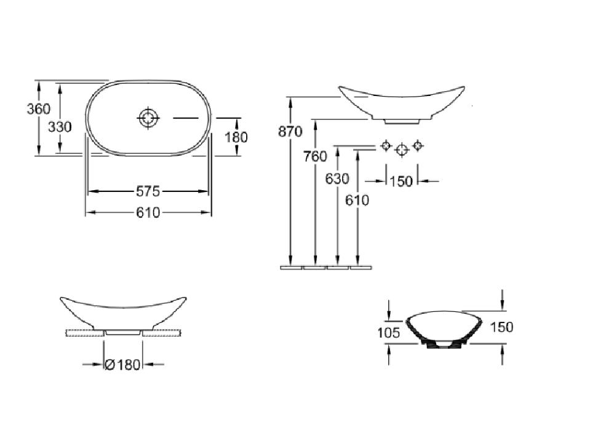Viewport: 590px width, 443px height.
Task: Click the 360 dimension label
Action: [x=38, y=109]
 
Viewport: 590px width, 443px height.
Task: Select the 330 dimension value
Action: [x=60, y=127]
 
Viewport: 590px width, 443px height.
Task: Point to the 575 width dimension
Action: [x=148, y=191]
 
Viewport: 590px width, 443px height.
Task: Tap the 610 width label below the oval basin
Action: [x=148, y=212]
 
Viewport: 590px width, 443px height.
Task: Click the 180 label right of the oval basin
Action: [x=236, y=137]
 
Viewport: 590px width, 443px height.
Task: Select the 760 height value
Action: [x=315, y=156]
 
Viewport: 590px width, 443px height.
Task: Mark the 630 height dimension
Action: [x=337, y=178]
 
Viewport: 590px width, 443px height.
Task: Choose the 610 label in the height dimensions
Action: [x=357, y=200]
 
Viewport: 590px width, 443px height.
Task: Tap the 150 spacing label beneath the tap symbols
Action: [x=401, y=182]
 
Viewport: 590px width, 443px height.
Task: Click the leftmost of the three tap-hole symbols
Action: [x=386, y=146]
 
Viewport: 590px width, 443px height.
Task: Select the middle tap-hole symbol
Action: [x=402, y=149]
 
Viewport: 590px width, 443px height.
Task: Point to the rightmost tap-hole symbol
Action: [x=418, y=146]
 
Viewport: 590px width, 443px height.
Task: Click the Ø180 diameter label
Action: [x=123, y=365]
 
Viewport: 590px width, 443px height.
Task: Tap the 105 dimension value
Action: [x=388, y=333]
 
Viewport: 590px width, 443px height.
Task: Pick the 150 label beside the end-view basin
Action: [x=501, y=327]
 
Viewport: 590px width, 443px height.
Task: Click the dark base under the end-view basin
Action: [x=443, y=346]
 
